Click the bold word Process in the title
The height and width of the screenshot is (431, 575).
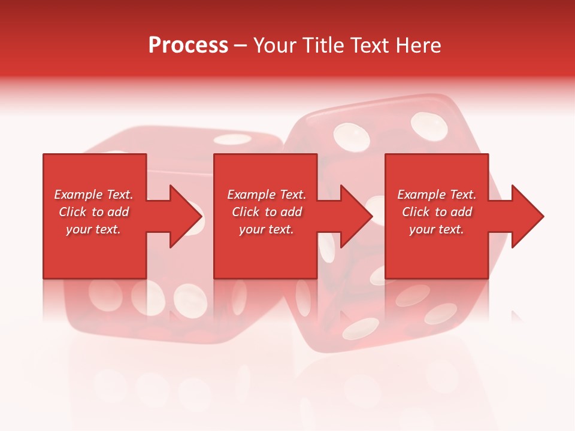click(x=188, y=45)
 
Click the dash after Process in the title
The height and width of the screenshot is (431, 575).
click(x=240, y=45)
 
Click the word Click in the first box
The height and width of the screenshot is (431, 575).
click(x=73, y=212)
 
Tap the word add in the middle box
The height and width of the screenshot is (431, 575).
click(x=291, y=212)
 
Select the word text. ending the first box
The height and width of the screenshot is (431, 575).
click(x=107, y=229)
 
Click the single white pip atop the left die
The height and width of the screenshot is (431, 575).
click(x=232, y=139)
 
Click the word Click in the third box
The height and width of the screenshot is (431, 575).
click(x=416, y=212)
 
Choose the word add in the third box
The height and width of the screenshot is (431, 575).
click(x=461, y=212)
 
